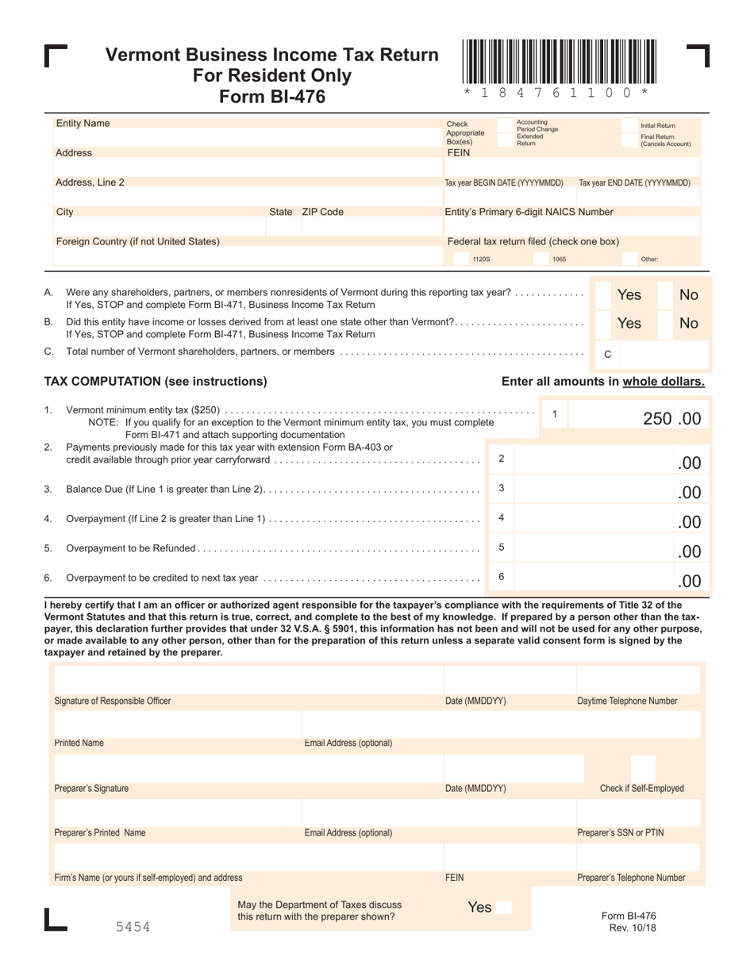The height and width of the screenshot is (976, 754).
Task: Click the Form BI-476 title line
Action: (272, 97)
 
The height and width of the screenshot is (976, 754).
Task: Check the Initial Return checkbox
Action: (631, 125)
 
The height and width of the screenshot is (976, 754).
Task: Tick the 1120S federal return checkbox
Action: (460, 259)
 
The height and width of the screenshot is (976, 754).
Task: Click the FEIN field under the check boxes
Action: (572, 167)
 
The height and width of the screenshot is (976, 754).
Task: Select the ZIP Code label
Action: (322, 212)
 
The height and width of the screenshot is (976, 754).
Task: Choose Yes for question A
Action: (603, 294)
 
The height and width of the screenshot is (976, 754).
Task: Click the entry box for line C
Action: (665, 354)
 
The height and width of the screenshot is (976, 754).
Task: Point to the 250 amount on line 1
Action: (656, 418)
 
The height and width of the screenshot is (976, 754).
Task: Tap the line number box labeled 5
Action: (501, 547)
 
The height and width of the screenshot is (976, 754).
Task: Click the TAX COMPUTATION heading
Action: (156, 381)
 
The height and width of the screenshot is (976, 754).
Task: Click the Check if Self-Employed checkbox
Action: (643, 767)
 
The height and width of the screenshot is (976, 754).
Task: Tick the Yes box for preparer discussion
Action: (504, 907)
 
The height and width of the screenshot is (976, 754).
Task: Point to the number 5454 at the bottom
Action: (133, 927)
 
